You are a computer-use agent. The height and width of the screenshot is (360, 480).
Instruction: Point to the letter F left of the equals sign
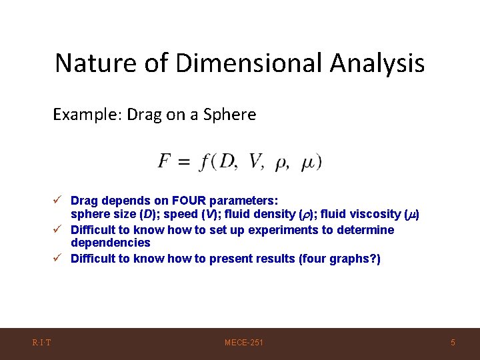click(x=165, y=161)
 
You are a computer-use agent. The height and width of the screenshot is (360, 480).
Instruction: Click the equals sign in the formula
click(x=185, y=162)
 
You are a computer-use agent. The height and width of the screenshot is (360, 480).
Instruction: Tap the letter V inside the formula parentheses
click(x=255, y=161)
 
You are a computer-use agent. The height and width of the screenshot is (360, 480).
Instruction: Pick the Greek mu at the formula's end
click(x=308, y=163)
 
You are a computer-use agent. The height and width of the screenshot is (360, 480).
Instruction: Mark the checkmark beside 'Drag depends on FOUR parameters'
click(x=59, y=201)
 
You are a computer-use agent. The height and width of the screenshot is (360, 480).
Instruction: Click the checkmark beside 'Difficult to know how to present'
click(x=59, y=259)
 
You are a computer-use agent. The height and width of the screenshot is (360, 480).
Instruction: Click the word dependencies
click(x=110, y=243)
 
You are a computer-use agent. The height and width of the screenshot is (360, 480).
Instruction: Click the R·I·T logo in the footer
click(x=42, y=343)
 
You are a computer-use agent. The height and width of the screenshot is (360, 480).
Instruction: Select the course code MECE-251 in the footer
click(x=244, y=343)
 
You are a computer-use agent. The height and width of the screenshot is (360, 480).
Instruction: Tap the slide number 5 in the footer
click(x=453, y=343)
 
